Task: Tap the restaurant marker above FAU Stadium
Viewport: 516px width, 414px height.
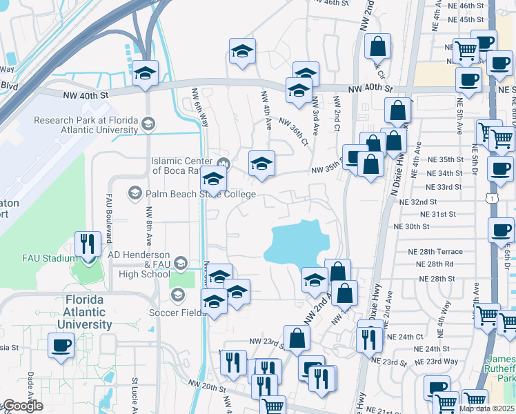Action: point(88,244)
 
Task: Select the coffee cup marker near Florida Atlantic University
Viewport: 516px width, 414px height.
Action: point(61,344)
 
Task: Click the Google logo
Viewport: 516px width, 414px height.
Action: point(22,406)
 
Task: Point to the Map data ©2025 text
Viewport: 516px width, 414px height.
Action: point(486,408)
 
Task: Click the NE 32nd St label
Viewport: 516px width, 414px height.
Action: point(424,201)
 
